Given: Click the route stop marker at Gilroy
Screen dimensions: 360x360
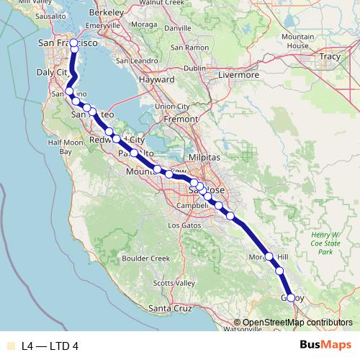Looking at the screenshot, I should pos(290,297).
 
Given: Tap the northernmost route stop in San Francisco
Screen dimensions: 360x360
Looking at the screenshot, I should pos(74,43).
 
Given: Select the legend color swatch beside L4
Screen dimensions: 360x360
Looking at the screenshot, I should pos(9,346).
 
